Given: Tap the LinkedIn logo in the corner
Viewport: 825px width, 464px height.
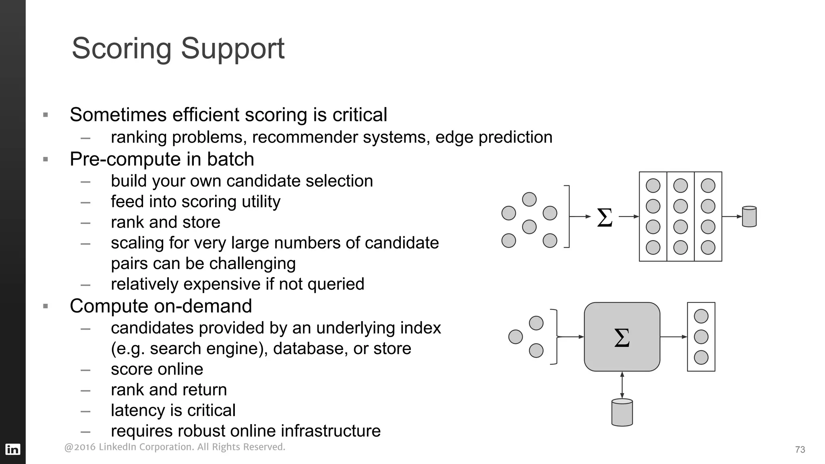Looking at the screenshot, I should click(12, 449).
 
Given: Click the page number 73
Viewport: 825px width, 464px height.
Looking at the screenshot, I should click(800, 449).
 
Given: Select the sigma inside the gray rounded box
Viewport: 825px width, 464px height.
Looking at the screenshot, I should click(622, 338).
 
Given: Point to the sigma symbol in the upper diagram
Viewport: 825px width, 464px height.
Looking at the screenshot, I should click(604, 217).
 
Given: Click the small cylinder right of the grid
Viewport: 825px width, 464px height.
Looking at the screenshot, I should click(749, 217).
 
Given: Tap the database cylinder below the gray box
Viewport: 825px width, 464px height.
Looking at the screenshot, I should click(622, 412).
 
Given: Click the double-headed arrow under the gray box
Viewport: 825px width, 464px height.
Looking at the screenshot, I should click(622, 385).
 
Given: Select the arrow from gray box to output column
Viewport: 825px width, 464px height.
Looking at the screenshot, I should click(674, 337).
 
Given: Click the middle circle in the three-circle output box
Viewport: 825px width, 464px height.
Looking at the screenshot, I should click(701, 337).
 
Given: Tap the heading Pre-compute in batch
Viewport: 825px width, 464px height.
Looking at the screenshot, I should click(162, 159).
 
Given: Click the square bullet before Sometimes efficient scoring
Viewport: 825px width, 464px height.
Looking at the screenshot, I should click(46, 115).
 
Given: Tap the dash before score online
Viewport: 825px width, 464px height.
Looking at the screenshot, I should click(85, 370).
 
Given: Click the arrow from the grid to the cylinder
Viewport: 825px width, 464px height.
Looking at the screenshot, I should click(732, 217).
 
